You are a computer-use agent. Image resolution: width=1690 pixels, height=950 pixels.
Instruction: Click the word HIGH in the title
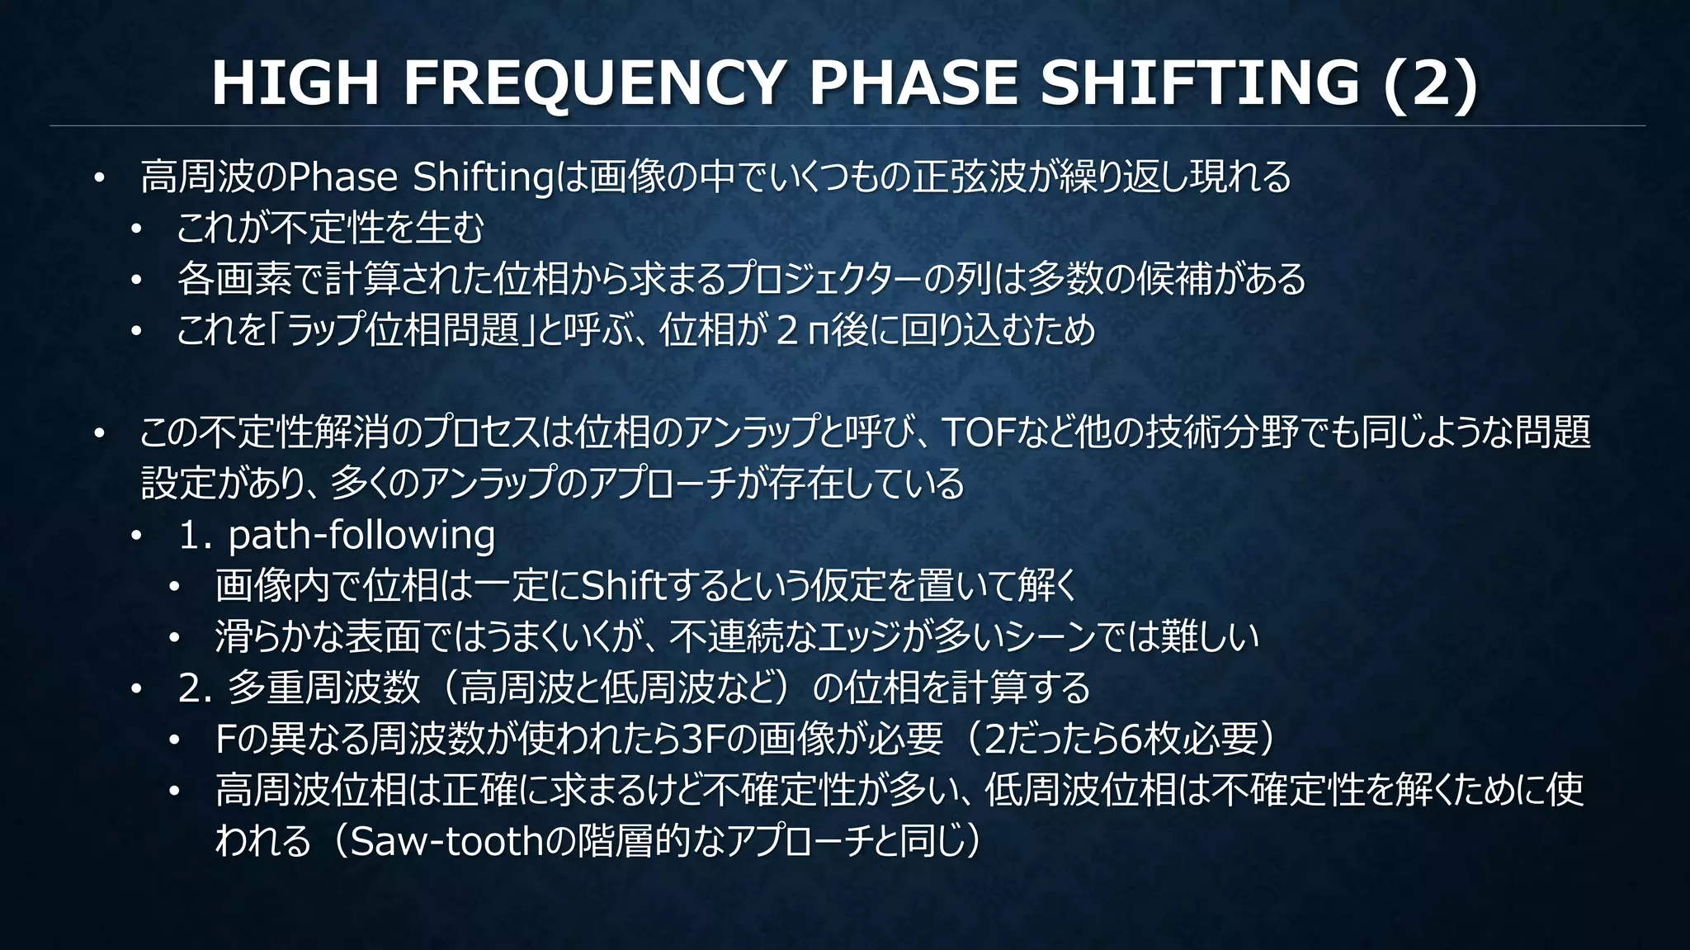click(295, 83)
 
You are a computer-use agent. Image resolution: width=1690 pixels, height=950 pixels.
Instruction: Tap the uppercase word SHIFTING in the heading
click(1199, 83)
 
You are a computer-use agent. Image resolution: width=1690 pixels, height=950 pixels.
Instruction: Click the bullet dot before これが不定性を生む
click(136, 229)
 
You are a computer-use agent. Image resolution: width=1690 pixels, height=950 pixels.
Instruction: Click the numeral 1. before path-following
click(195, 535)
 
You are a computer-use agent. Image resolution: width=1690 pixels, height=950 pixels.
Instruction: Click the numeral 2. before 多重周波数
click(195, 688)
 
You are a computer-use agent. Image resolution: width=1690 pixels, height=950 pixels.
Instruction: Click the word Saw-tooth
click(446, 841)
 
